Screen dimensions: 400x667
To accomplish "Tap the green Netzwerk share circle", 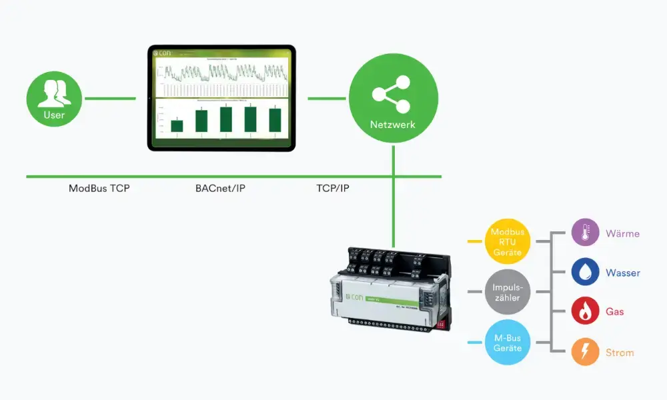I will coord(394,98).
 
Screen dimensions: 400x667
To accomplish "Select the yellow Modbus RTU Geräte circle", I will coord(508,241).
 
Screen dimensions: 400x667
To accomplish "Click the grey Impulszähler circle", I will coord(508,291).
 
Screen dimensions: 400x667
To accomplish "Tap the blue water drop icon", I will coord(586,273).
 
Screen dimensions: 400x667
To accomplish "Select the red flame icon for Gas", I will coord(586,311).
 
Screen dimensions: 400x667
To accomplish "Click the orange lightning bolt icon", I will coord(586,352).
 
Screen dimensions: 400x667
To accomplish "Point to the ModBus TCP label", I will coord(99,189).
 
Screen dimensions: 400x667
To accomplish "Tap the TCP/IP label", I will coord(333,189).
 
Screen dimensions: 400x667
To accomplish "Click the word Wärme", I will coord(622,234).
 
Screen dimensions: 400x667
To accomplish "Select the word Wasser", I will coord(622,273).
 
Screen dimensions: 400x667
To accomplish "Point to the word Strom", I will coord(619,352).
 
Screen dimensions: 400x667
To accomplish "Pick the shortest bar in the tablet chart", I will coord(177,125).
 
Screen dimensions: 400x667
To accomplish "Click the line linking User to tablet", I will coord(109,99).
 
